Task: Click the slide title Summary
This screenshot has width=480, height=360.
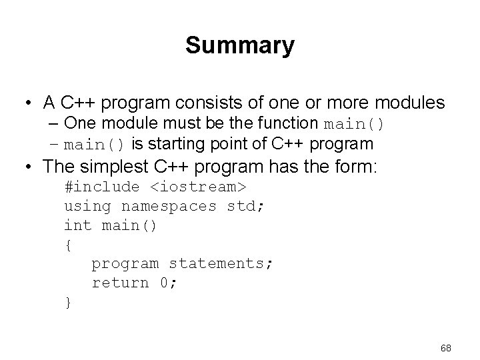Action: point(240,45)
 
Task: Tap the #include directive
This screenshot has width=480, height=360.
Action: point(102,187)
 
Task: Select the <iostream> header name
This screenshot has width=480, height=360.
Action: point(198,187)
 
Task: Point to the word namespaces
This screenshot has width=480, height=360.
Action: point(169,206)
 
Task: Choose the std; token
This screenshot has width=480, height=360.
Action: point(245,206)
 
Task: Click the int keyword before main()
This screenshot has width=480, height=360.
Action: point(78,225)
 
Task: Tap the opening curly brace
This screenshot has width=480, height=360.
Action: point(68,245)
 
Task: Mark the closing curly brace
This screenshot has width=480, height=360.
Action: point(68,302)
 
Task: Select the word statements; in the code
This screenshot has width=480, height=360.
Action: point(221,263)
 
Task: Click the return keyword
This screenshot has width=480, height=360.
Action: point(121,283)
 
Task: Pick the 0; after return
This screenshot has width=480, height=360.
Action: point(168,283)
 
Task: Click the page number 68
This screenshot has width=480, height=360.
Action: point(446,348)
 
